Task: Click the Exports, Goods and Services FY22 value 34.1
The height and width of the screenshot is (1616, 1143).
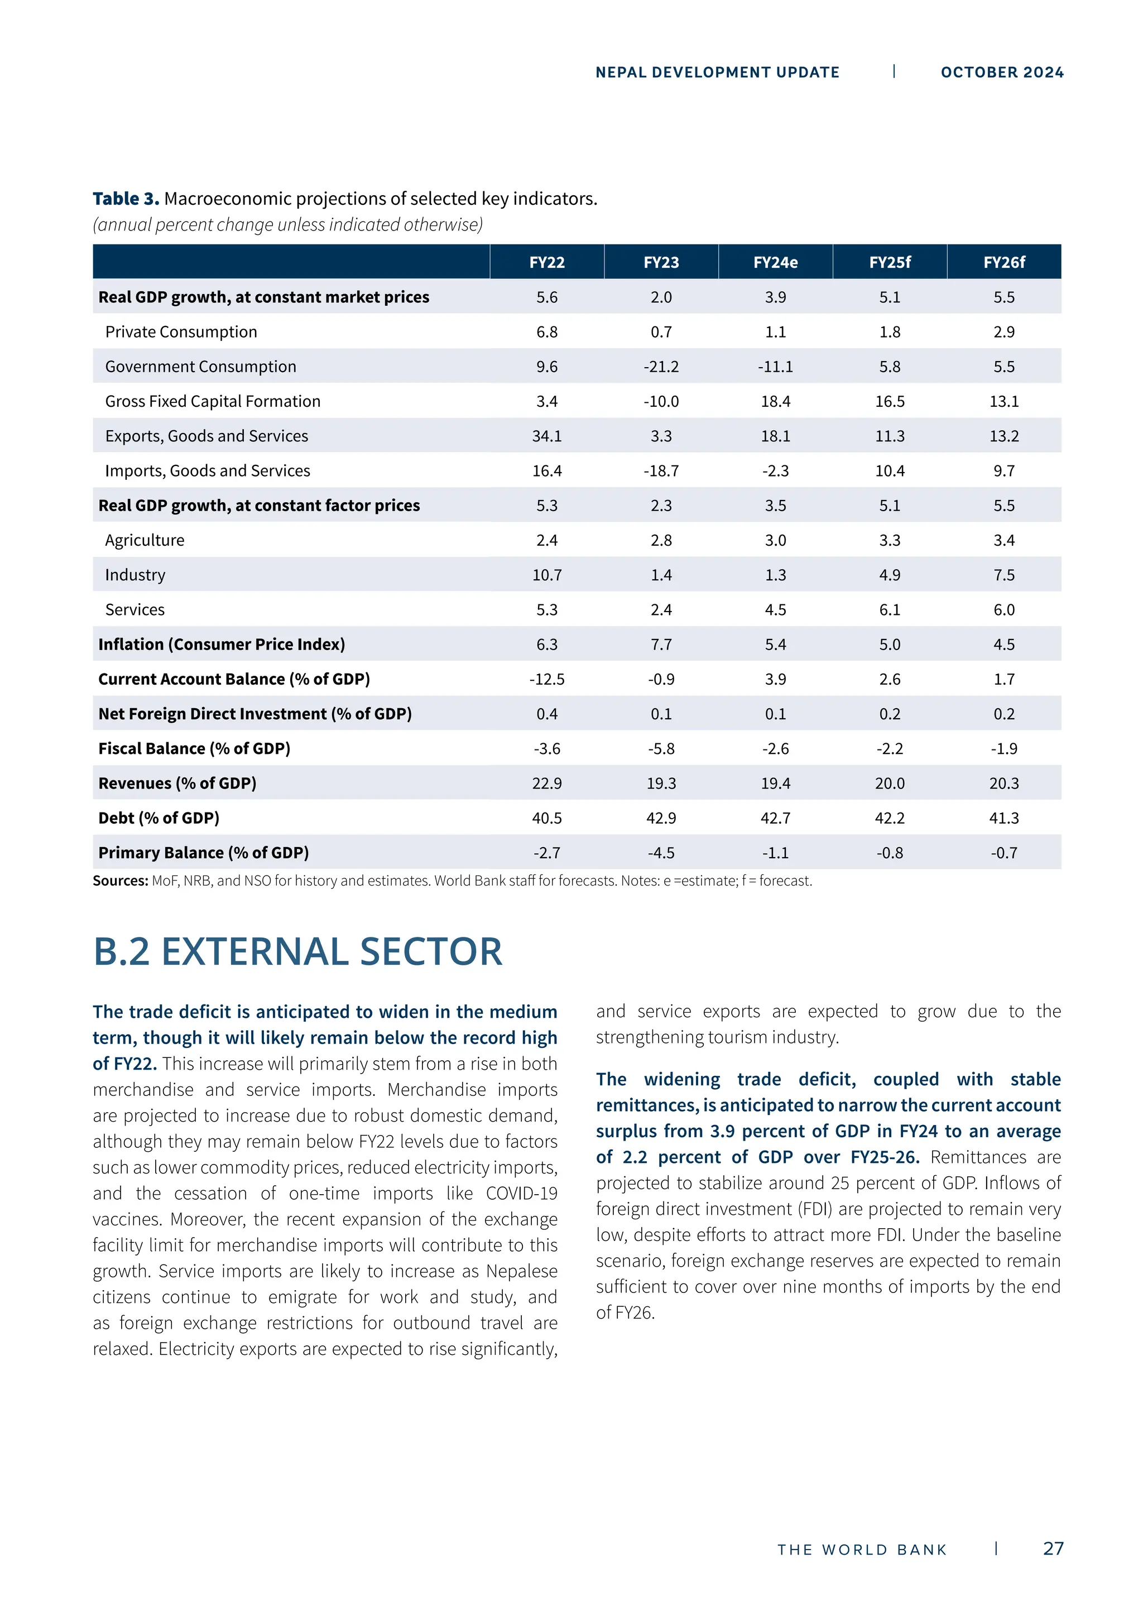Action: click(x=547, y=436)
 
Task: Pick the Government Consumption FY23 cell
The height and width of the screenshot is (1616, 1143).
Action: click(x=661, y=367)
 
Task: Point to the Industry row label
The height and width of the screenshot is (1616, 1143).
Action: click(x=135, y=575)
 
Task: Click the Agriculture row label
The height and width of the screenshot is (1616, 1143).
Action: click(x=145, y=541)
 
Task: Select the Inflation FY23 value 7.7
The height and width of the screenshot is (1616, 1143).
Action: click(x=661, y=645)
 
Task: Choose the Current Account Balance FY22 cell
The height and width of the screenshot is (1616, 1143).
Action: click(x=547, y=679)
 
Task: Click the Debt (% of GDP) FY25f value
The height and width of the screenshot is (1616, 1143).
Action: click(x=890, y=818)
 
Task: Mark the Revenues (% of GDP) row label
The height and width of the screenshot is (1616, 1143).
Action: click(x=177, y=783)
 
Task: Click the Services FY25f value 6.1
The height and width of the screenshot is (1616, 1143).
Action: click(x=890, y=609)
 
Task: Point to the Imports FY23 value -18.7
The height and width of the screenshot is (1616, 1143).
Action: click(x=661, y=471)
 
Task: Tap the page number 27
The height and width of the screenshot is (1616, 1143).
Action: click(x=1053, y=1548)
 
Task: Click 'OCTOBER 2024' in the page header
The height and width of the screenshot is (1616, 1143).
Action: click(x=1002, y=73)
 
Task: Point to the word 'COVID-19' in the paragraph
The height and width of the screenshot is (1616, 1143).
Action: click(x=521, y=1194)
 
